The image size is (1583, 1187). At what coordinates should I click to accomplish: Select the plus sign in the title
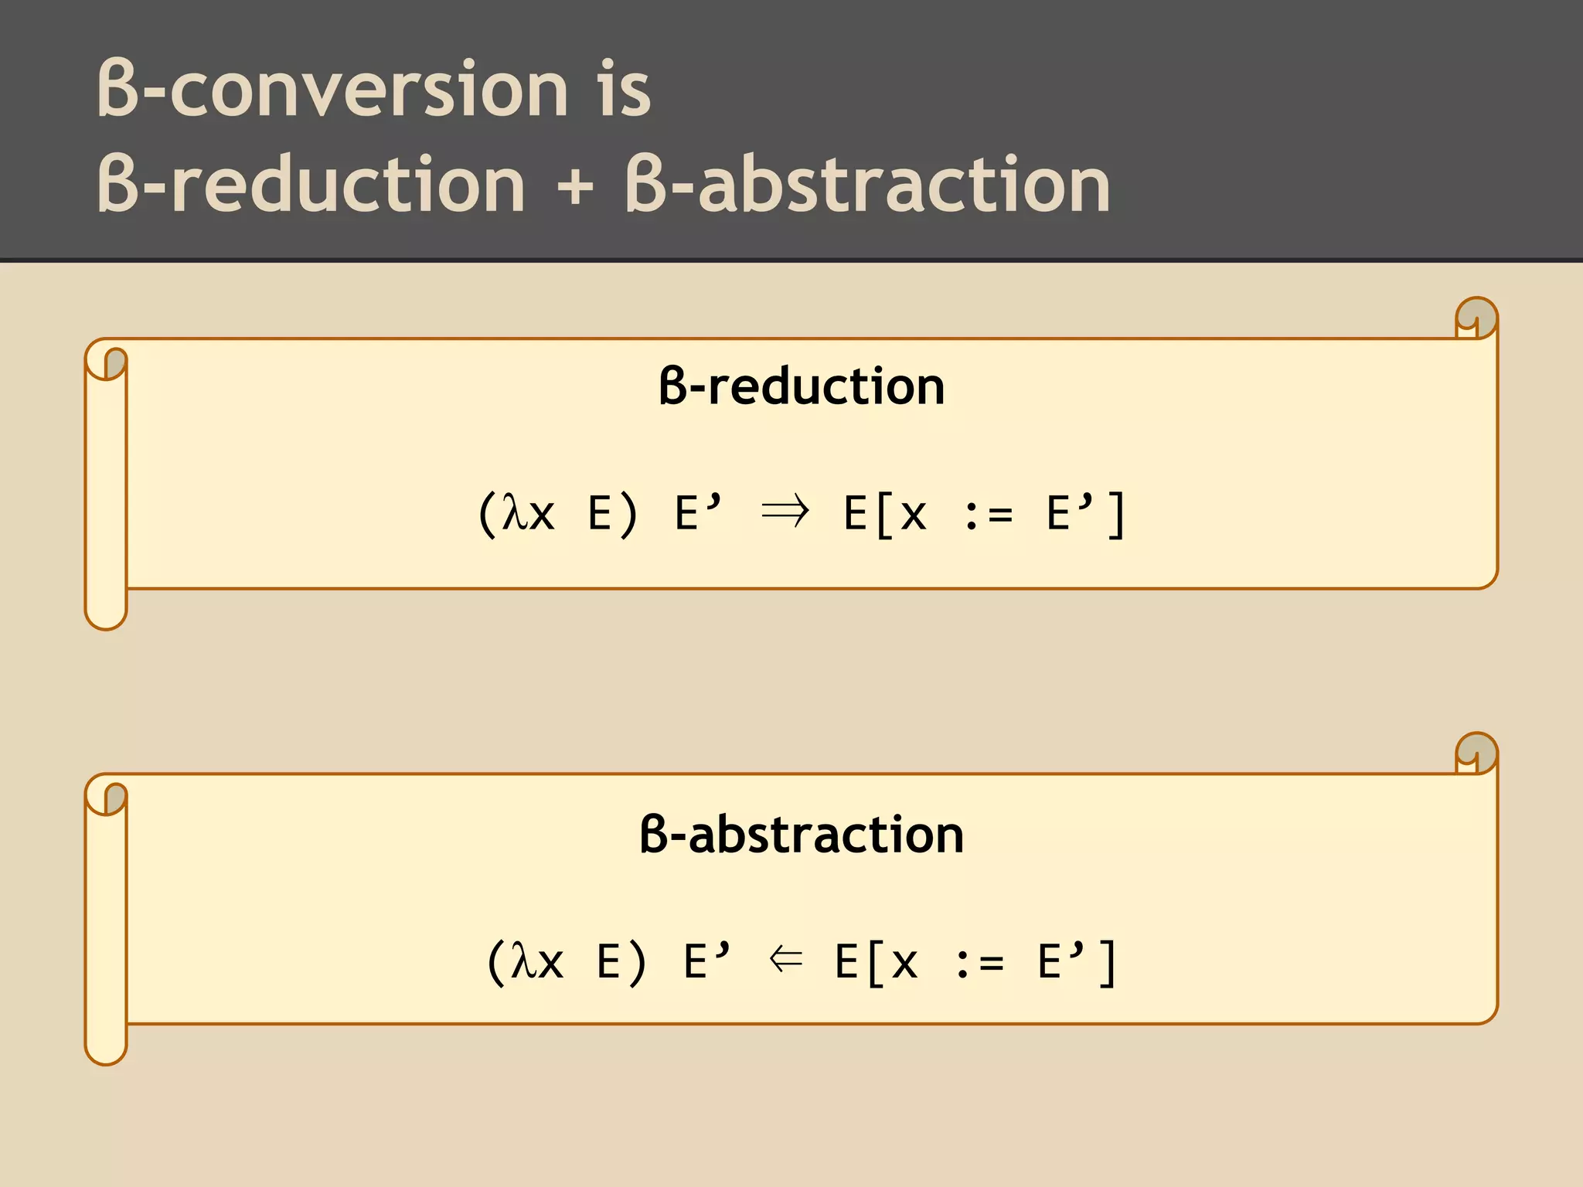point(574,186)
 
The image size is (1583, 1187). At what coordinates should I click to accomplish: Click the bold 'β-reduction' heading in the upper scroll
point(802,386)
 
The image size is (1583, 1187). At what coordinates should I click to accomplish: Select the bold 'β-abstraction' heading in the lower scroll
point(802,835)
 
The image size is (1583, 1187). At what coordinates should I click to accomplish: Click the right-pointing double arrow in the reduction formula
point(785,512)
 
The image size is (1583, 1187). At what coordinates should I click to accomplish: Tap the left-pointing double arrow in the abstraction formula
point(786,960)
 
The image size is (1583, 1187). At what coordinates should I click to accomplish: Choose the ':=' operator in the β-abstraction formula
point(979,963)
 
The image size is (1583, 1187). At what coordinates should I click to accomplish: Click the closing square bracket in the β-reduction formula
point(1115,515)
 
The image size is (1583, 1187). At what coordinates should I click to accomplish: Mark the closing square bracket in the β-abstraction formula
point(1107,963)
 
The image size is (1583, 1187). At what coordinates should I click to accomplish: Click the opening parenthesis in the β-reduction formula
point(486,515)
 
